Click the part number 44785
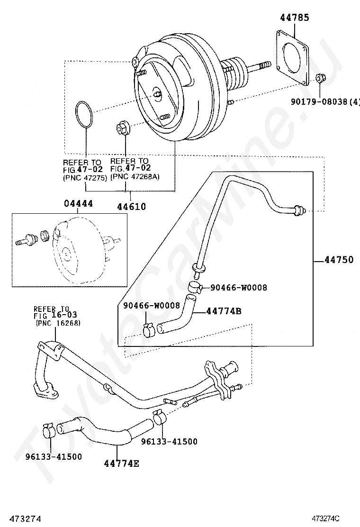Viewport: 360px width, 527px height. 294,18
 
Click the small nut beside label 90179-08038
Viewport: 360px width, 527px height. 319,77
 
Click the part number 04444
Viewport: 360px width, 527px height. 78,204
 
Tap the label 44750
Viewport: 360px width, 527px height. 339,260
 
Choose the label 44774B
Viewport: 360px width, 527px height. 224,311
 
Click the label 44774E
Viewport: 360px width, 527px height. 122,463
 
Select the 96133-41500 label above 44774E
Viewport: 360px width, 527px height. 169,441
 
